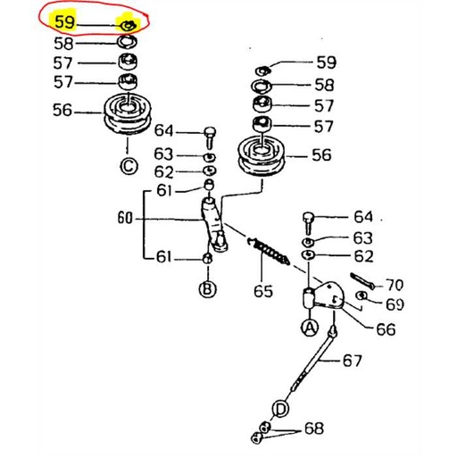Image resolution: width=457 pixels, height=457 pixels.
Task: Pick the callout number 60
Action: pyautogui.click(x=125, y=217)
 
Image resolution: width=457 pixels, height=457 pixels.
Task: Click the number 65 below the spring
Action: pyautogui.click(x=263, y=290)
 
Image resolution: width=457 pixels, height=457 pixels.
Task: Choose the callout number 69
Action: pyautogui.click(x=394, y=305)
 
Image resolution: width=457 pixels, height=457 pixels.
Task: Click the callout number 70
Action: pyautogui.click(x=393, y=286)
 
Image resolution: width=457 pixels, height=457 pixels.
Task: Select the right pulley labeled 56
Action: pyautogui.click(x=261, y=158)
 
